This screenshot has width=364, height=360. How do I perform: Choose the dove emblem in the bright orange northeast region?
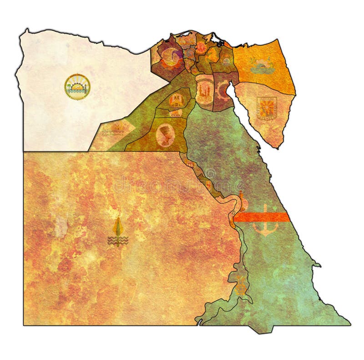[260, 66]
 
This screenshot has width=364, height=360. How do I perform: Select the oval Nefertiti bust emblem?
[163, 135]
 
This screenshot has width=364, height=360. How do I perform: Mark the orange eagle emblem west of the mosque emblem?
[177, 100]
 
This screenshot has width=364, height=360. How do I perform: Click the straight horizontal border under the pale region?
[59, 151]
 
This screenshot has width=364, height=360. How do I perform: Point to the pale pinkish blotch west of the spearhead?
[61, 227]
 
